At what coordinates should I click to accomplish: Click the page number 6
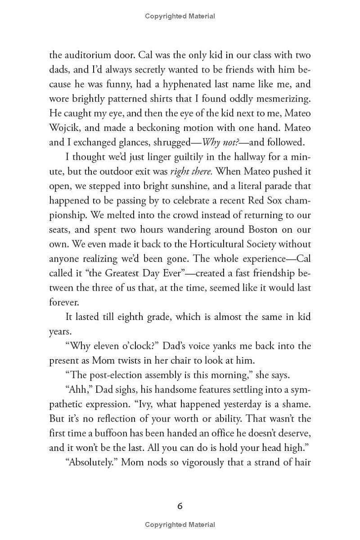[180, 506]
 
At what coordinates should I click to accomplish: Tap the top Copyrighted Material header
[180, 16]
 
